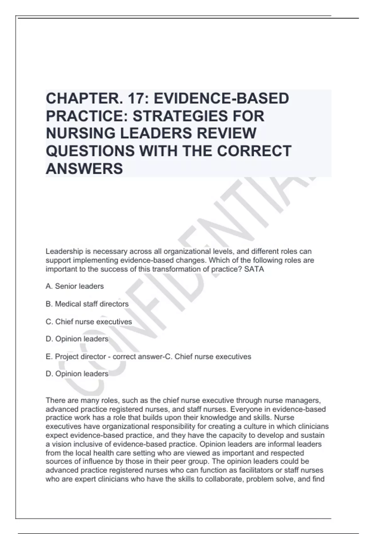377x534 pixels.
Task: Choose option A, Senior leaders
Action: click(x=75, y=286)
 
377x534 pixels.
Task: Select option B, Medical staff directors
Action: click(x=87, y=304)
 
